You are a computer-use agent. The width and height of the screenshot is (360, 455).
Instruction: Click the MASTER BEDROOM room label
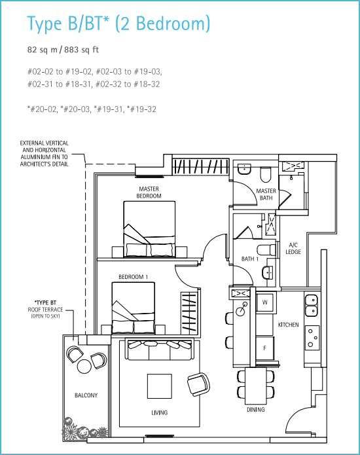(149, 192)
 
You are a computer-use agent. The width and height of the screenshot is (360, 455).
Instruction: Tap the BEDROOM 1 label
(133, 277)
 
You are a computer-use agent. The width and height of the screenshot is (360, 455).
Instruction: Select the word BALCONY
(86, 395)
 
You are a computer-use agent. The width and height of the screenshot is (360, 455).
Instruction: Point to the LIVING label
(160, 412)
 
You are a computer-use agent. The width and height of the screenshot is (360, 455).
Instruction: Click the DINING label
(256, 409)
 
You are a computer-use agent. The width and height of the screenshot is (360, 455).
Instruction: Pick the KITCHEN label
(289, 325)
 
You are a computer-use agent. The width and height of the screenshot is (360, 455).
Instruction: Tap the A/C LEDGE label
(293, 248)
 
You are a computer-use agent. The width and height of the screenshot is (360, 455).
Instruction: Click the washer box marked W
(264, 302)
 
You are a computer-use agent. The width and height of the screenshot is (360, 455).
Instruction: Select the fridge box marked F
(264, 348)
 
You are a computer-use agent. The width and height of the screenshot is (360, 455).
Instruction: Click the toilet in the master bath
(266, 174)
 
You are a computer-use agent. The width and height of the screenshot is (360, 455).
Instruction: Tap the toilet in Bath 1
(266, 250)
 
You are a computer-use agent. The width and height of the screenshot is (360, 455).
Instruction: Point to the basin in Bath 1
(268, 273)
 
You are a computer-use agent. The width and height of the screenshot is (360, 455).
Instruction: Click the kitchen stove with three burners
(313, 337)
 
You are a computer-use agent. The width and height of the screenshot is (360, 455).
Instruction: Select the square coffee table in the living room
(160, 386)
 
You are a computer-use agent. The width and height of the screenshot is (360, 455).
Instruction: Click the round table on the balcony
(84, 367)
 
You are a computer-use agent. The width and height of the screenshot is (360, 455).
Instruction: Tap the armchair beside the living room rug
(199, 384)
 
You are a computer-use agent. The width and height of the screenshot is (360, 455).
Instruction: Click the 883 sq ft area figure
(82, 50)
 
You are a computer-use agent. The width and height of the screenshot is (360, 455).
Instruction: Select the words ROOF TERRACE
(45, 309)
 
